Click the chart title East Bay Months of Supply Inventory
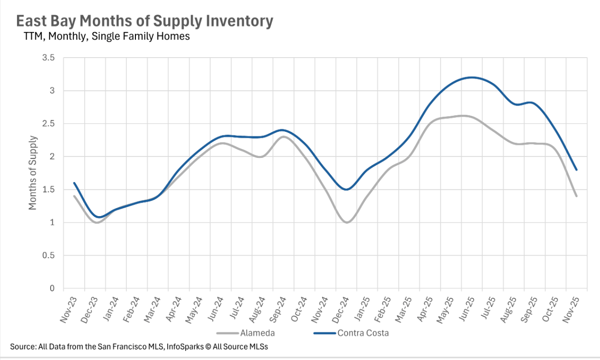144,21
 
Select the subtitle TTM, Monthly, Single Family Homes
106,37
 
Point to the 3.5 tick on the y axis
48,58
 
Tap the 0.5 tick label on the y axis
48,256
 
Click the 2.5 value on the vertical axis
48,124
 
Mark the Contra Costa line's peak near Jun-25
472,77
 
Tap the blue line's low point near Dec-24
346,190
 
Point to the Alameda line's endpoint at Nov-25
576,196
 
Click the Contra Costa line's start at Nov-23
74,183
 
